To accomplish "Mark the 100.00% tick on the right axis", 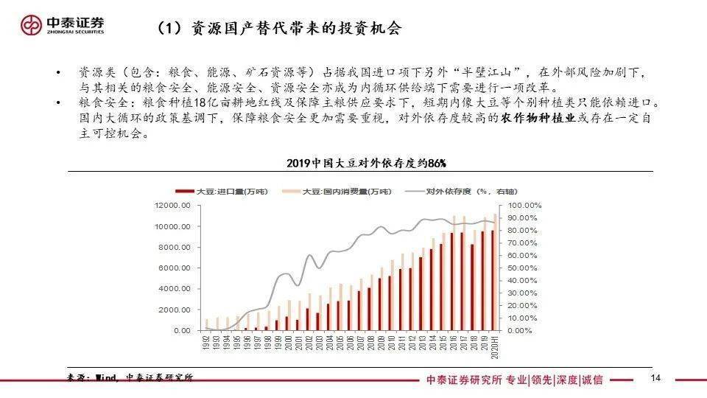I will [525, 205].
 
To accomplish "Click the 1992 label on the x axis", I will [208, 343].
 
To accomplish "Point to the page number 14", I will [656, 379].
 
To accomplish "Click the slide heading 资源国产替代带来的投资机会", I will [280, 28].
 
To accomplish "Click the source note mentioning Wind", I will [130, 378].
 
